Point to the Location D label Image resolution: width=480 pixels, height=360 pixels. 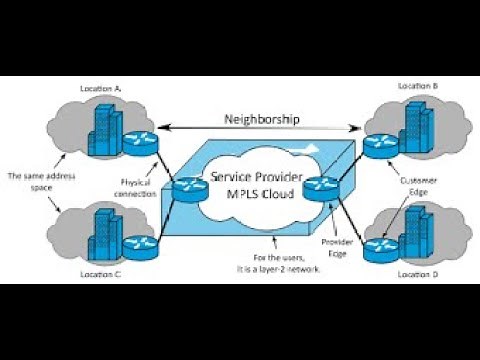point(417,273)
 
